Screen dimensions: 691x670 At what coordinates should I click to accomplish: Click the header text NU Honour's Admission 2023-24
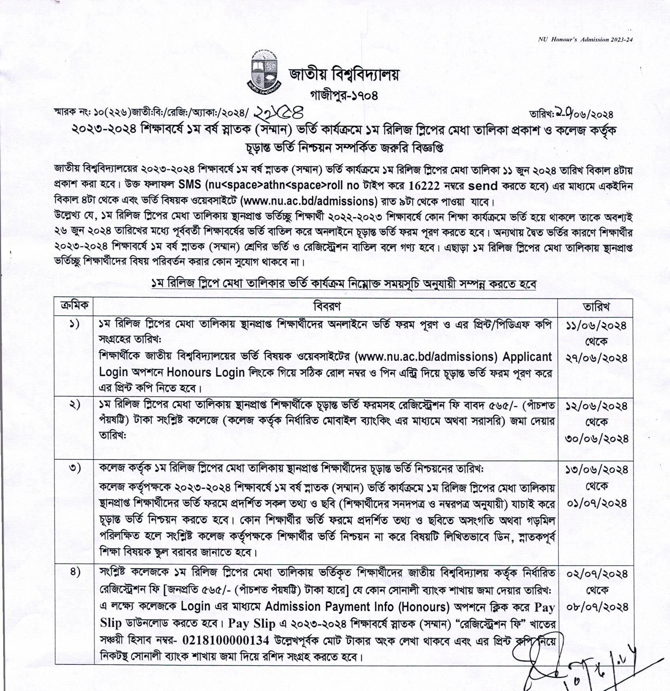click(x=585, y=40)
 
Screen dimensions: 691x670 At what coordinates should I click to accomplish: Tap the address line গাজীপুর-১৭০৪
click(x=344, y=95)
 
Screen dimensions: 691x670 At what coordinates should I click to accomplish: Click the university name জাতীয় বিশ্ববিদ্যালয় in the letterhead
click(x=344, y=74)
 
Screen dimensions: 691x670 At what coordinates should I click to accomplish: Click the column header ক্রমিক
click(x=74, y=306)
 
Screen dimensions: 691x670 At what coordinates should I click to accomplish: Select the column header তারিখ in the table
click(x=596, y=306)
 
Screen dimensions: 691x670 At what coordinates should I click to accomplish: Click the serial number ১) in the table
click(x=74, y=325)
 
